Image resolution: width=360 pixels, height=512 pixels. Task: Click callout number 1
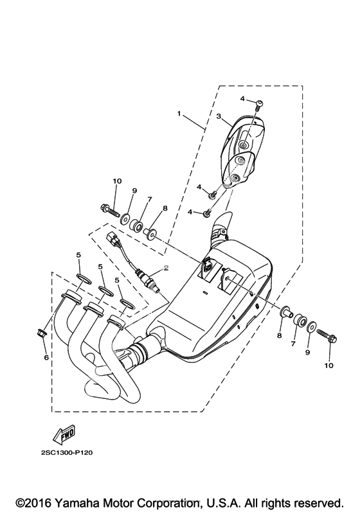(179, 114)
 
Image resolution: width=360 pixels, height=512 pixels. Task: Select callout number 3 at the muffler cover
(219, 116)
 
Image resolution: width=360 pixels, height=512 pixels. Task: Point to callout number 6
(46, 358)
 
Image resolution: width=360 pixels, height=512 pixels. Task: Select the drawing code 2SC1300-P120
(67, 453)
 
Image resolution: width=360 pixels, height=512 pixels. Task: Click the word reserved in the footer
(318, 502)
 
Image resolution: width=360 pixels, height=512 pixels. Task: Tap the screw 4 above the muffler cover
(258, 104)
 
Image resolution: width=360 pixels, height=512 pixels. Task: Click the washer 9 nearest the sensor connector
(125, 218)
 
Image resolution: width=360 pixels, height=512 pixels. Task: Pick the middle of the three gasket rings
(107, 291)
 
